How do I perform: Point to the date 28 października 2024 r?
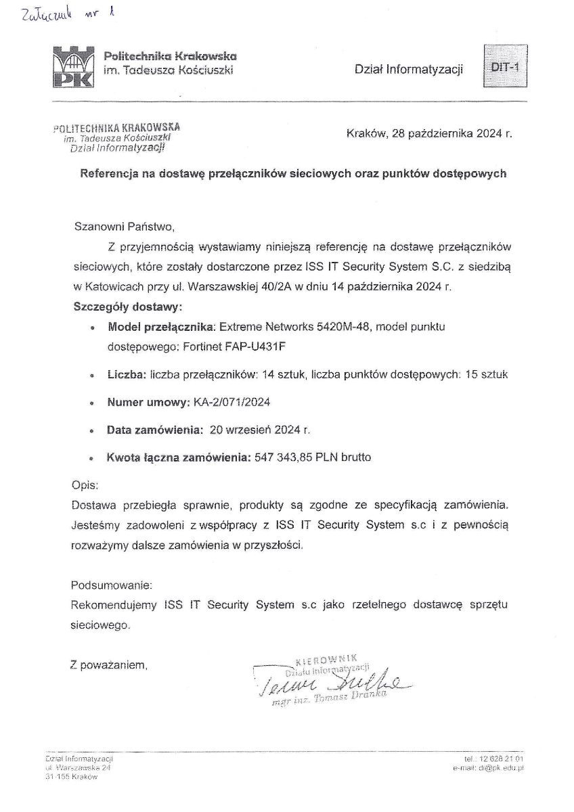pyautogui.click(x=452, y=133)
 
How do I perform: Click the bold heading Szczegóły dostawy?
pyautogui.click(x=127, y=306)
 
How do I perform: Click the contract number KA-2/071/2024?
pyautogui.click(x=231, y=402)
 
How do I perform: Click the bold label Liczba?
pyautogui.click(x=127, y=374)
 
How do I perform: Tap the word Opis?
pyautogui.click(x=85, y=485)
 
